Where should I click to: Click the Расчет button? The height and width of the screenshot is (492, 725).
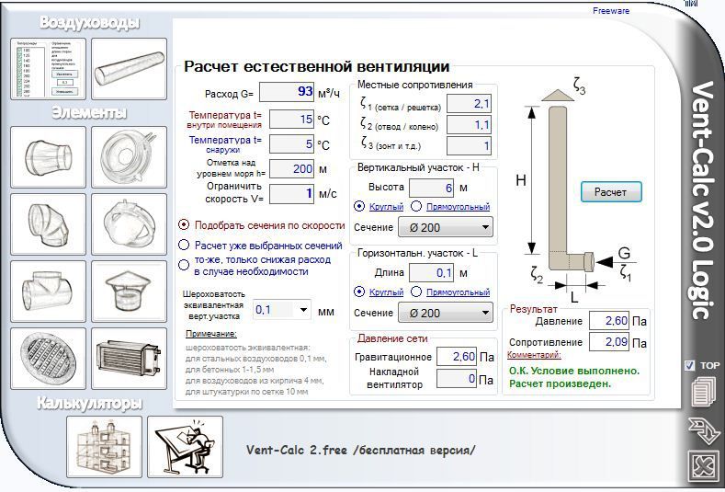coord(611,192)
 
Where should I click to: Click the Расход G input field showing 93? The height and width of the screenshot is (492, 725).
coord(288,92)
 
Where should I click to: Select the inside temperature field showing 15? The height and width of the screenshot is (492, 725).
coord(294,119)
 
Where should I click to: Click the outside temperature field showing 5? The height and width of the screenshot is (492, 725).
coord(294,144)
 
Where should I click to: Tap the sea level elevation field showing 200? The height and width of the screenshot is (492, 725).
coord(294,169)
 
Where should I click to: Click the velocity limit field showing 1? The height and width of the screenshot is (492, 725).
coord(294,194)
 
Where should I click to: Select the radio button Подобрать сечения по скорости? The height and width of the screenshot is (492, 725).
coord(185,224)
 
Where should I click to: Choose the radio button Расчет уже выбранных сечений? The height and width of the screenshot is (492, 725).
coord(185,246)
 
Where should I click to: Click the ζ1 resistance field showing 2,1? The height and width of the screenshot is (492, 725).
coord(470,103)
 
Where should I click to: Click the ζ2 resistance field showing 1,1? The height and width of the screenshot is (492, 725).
coord(470,124)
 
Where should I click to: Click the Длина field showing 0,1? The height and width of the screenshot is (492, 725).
coord(433,272)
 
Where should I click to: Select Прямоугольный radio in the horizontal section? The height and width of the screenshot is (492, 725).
coord(416,292)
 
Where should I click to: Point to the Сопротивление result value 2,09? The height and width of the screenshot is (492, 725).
coord(608,342)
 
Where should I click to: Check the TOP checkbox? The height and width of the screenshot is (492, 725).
coord(690,365)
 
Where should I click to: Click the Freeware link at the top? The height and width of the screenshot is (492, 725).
coord(611,11)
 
